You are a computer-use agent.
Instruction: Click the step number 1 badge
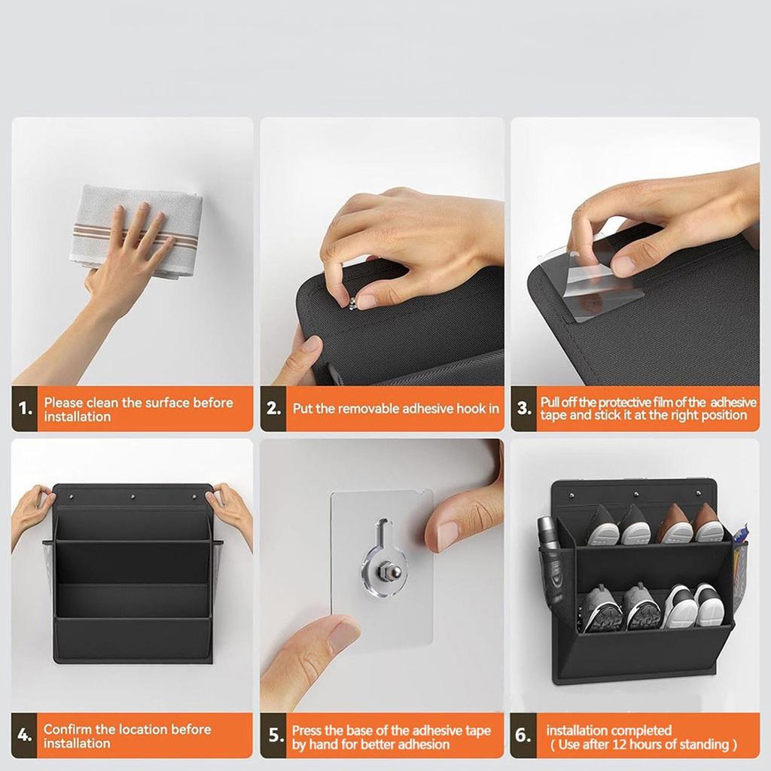pos(25,410)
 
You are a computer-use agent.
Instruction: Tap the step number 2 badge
pos(273,410)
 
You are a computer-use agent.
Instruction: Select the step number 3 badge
pos(523,410)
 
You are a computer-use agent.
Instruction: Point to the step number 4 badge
pos(25,736)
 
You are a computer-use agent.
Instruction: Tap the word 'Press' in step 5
pos(308,730)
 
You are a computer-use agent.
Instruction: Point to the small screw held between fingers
pos(352,301)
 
